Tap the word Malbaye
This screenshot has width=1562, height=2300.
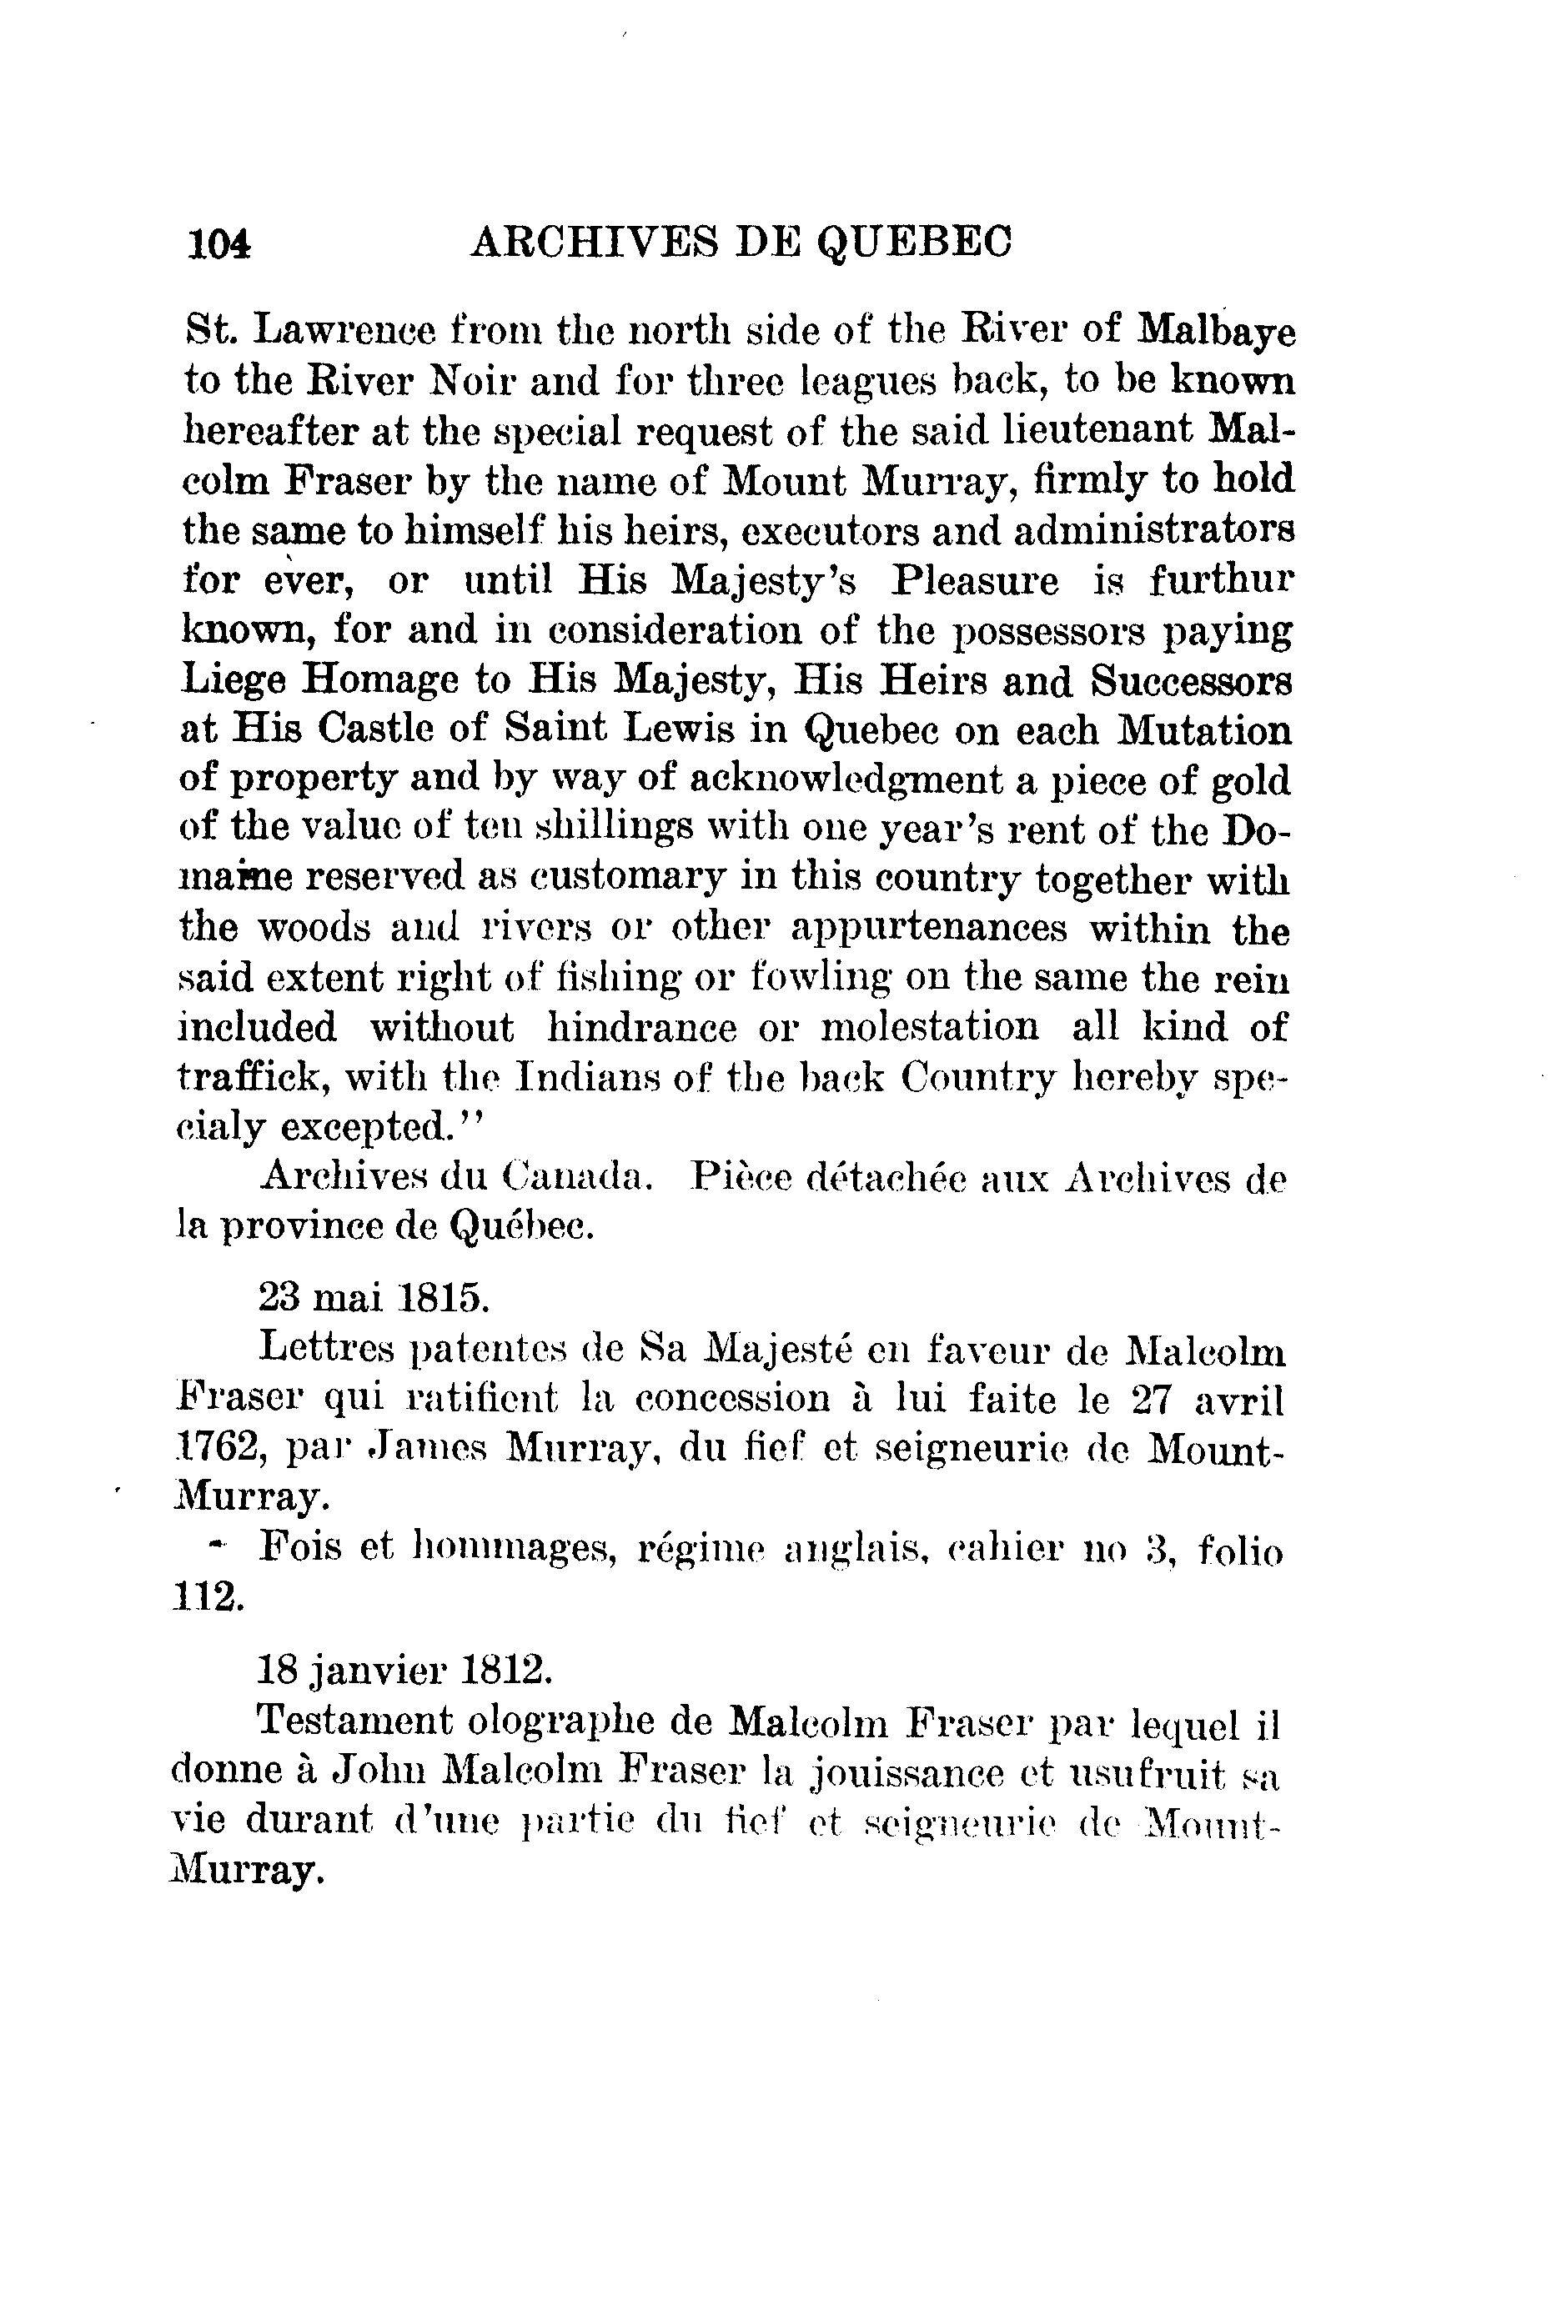[1217, 331]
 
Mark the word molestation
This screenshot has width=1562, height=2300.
[931, 1027]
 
